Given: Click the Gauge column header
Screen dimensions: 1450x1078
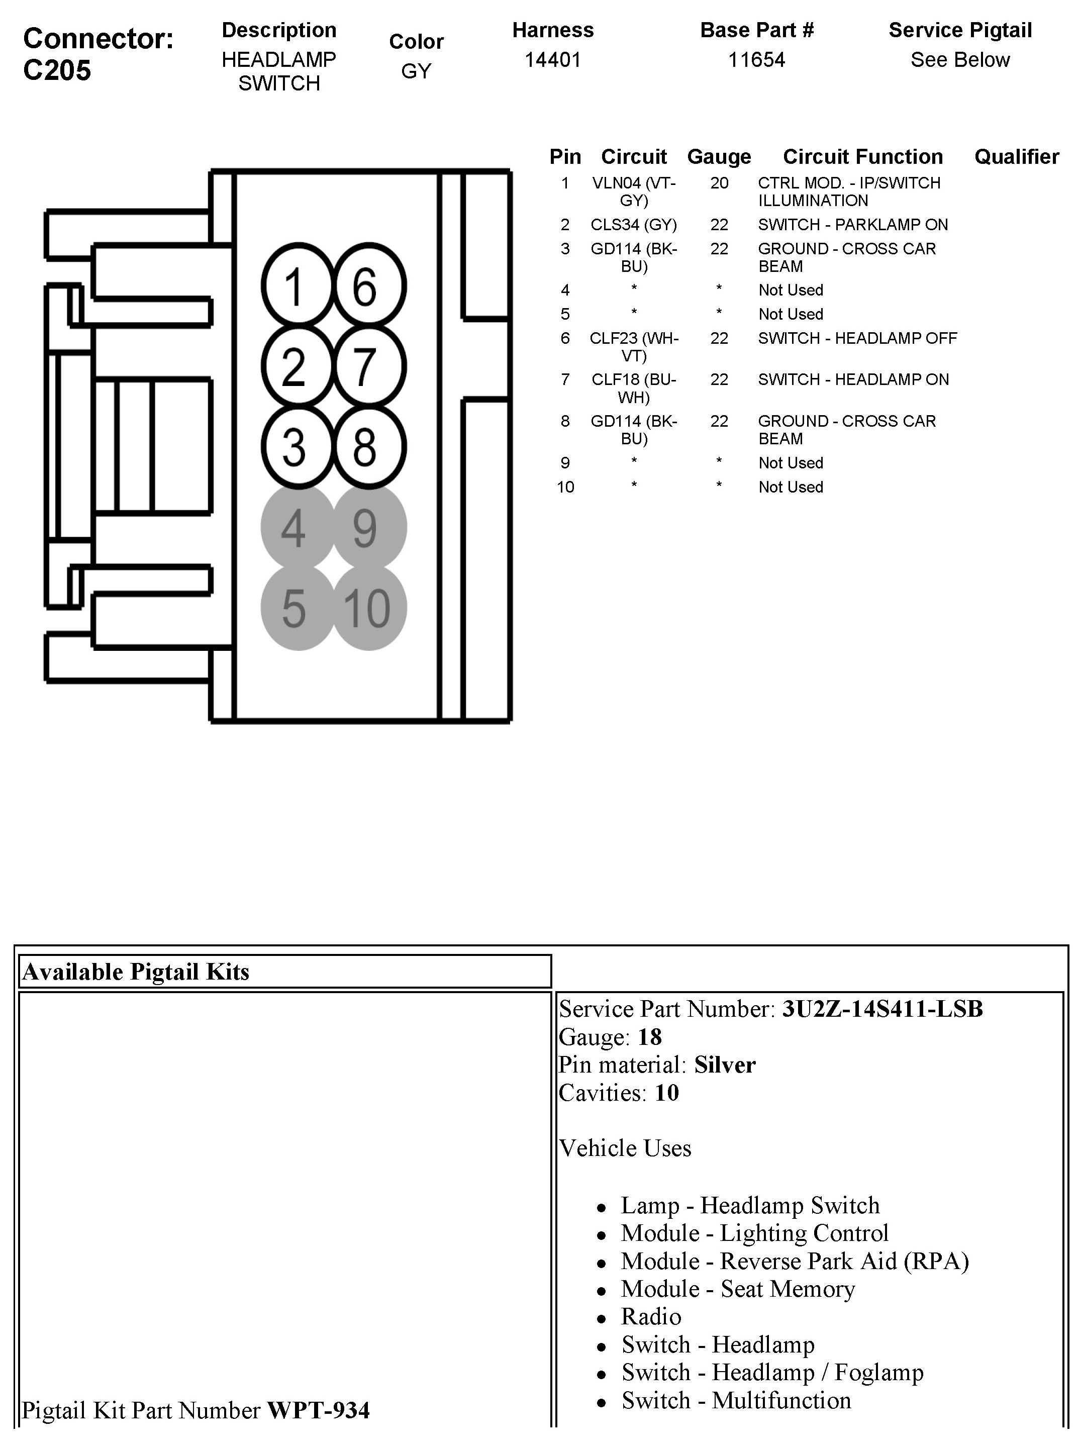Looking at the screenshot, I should tap(719, 157).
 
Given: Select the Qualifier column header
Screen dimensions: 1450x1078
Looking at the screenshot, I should tap(1016, 157).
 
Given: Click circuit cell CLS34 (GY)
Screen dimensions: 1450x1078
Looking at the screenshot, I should tap(634, 225).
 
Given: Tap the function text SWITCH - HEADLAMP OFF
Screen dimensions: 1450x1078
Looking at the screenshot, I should tap(857, 338).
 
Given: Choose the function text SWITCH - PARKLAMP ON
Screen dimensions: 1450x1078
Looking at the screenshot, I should tap(852, 225).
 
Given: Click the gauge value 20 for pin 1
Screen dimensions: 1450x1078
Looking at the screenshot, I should tap(719, 183).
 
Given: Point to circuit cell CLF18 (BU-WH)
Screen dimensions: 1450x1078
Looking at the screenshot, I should tap(634, 389).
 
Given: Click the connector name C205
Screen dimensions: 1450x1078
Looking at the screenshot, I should tap(57, 70).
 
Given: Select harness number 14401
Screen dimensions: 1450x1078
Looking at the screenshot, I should tap(553, 60).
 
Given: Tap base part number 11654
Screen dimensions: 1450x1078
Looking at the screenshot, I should tap(756, 60).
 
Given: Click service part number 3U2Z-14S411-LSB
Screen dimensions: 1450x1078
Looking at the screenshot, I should tap(882, 1009).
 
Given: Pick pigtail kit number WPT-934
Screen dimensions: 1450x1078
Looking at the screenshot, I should tap(319, 1410).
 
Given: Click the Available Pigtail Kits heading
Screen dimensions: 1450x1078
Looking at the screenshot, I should tap(136, 972).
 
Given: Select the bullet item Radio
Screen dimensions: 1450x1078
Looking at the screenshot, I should tap(651, 1317).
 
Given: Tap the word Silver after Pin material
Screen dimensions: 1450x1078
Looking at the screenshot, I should tap(724, 1065).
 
